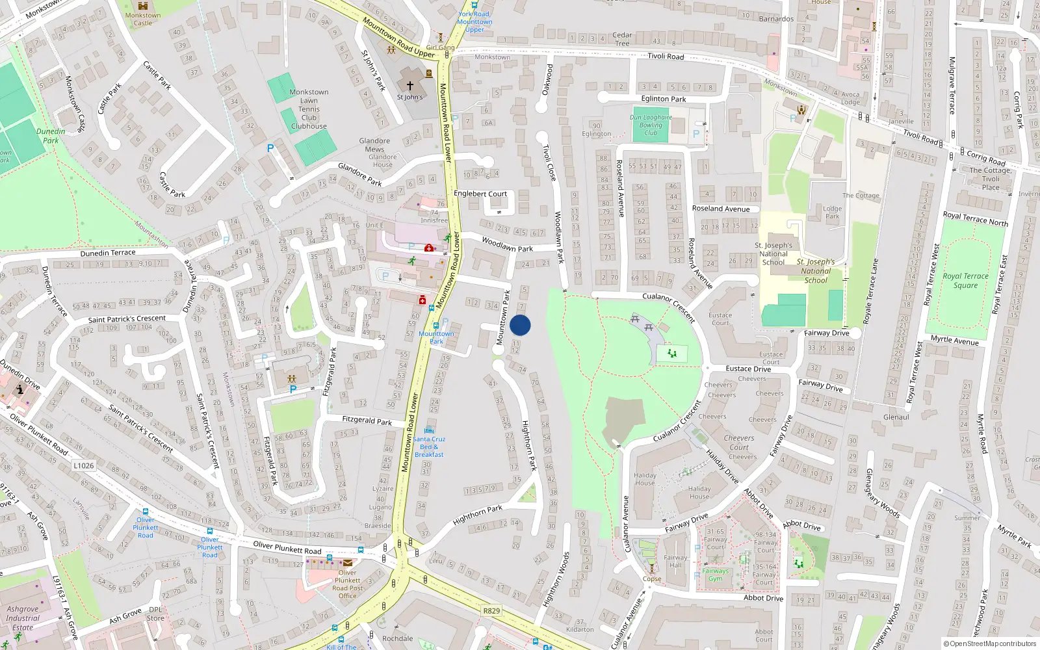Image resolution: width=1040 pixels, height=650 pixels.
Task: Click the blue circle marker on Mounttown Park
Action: pyautogui.click(x=520, y=325)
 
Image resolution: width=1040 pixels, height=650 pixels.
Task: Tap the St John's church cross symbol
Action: pyautogui.click(x=410, y=85)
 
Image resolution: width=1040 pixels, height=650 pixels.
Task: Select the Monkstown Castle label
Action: pyautogui.click(x=143, y=19)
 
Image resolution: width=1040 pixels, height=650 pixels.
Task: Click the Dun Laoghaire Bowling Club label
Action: pyautogui.click(x=651, y=125)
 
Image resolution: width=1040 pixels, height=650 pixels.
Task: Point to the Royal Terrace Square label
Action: pyautogui.click(x=965, y=280)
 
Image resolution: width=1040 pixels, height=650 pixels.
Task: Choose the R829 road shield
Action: pyautogui.click(x=491, y=610)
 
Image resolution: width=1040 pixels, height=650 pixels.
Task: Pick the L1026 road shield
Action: pyautogui.click(x=84, y=465)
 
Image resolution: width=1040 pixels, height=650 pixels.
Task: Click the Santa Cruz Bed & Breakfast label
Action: pyautogui.click(x=429, y=447)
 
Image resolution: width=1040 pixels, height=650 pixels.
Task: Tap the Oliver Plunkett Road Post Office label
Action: pyautogui.click(x=348, y=584)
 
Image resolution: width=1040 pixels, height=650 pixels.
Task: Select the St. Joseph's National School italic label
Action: pyautogui.click(x=816, y=271)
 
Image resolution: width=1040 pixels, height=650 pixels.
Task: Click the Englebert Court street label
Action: pyautogui.click(x=480, y=194)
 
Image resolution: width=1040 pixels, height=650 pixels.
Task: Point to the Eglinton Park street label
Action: pyautogui.click(x=664, y=99)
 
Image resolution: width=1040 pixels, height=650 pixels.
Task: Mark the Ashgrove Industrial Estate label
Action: pyautogui.click(x=23, y=618)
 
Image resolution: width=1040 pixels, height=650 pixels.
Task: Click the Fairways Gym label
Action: pyautogui.click(x=715, y=575)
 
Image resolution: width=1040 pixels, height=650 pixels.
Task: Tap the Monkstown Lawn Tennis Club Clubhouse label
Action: pyautogui.click(x=309, y=109)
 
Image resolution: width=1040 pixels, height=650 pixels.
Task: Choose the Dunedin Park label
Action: pyautogui.click(x=51, y=136)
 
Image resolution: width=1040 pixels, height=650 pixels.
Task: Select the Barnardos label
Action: pyautogui.click(x=776, y=19)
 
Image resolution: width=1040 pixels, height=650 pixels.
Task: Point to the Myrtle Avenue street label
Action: pyautogui.click(x=954, y=340)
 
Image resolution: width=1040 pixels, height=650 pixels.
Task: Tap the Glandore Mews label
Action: pyautogui.click(x=374, y=145)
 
